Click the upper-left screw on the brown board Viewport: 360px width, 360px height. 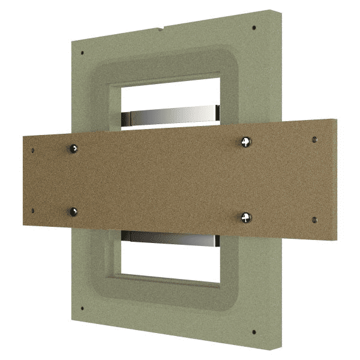[x=73, y=148]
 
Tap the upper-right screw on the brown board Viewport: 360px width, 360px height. [x=245, y=141]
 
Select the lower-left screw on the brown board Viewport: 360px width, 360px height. [x=74, y=211]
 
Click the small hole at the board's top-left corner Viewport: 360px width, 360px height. [x=34, y=150]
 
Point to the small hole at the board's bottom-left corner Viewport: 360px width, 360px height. [x=34, y=211]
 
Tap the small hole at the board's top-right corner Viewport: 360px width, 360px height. [x=315, y=139]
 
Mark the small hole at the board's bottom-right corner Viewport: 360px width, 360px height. [x=315, y=220]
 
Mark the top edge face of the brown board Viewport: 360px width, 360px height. [x=180, y=127]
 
